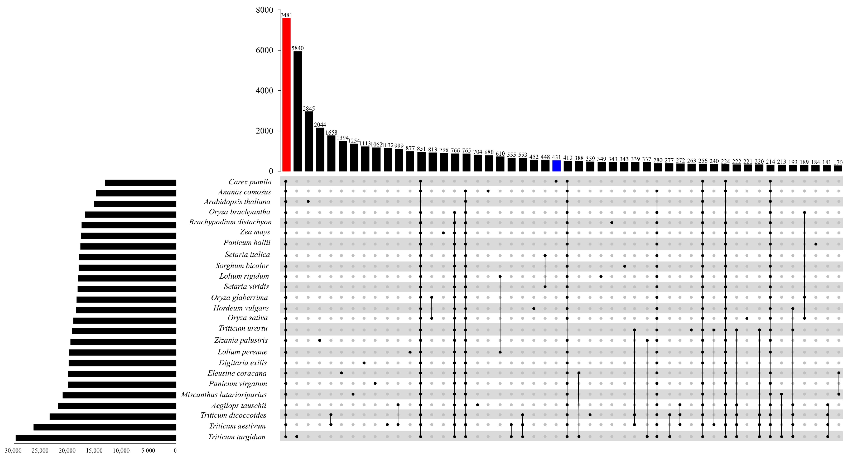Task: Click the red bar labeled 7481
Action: click(286, 95)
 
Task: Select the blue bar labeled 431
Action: click(556, 166)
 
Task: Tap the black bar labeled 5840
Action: click(297, 111)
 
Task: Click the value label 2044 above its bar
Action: click(320, 125)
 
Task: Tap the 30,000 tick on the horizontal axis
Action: click(13, 450)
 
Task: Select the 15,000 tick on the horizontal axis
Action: click(94, 450)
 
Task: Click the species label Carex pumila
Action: click(250, 182)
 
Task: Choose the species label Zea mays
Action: click(255, 232)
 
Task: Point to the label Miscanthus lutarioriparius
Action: click(224, 395)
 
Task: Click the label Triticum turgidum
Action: click(237, 437)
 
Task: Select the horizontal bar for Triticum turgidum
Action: click(96, 438)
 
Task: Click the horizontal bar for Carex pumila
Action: click(140, 183)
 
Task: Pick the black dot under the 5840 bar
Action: click(297, 437)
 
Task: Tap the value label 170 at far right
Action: click(838, 162)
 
